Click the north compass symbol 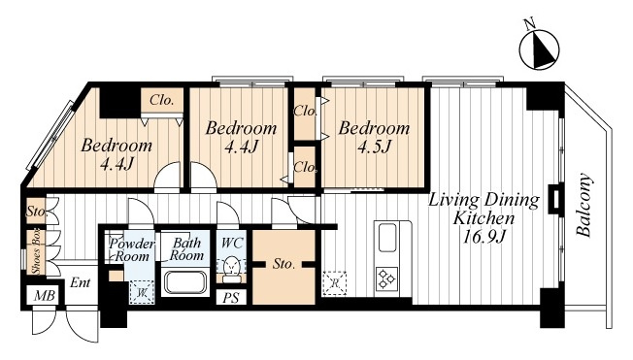[x=539, y=49]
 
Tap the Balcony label [x=583, y=205]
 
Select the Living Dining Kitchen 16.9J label [x=483, y=218]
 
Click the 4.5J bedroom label [x=374, y=137]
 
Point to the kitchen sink [x=386, y=238]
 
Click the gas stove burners [x=386, y=278]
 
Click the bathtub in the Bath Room [x=184, y=282]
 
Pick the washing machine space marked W [x=142, y=292]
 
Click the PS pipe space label [x=231, y=298]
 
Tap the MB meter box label [x=44, y=296]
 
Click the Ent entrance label [x=80, y=282]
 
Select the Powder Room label [x=131, y=250]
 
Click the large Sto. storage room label [x=283, y=264]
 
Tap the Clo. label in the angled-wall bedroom [x=161, y=100]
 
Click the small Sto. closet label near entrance [x=37, y=211]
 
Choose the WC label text [x=232, y=243]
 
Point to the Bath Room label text [x=186, y=249]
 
